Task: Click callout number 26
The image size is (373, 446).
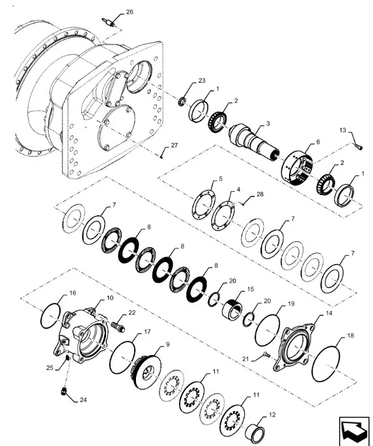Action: point(130,12)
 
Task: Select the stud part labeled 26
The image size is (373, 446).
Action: point(109,23)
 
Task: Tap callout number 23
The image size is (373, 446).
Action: point(202,81)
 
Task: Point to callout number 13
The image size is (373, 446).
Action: point(342,130)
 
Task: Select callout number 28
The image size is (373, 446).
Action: point(260,194)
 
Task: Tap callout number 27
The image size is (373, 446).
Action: point(174,146)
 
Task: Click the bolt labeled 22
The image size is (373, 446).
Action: point(118,326)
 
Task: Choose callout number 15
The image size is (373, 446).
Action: point(250,289)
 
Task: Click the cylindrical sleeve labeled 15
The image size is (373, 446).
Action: point(232,311)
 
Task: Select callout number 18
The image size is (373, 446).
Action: point(350,335)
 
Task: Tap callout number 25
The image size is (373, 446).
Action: point(50,368)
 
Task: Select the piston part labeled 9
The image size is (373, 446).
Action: point(147,369)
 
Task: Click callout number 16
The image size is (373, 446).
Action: point(73,293)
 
